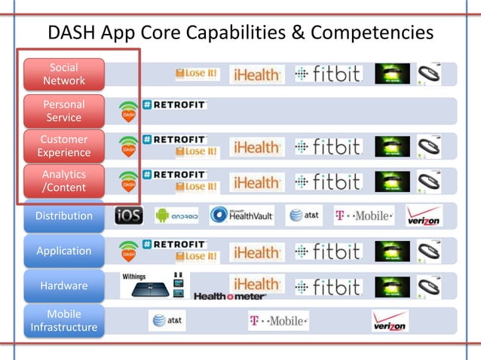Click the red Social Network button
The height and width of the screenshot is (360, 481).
64,74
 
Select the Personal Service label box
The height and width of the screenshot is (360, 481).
64,111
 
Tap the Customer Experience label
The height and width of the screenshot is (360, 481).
64,146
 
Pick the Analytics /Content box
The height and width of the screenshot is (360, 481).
64,182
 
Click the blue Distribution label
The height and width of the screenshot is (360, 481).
64,216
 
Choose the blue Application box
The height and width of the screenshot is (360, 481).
64,251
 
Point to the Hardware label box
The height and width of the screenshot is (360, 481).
64,286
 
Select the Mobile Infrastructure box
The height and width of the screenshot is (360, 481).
64,321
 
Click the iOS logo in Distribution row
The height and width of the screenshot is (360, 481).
129,216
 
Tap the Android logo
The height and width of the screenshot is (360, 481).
176,216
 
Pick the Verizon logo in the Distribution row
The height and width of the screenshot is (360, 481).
423,217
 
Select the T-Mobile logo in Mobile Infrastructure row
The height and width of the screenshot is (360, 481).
278,321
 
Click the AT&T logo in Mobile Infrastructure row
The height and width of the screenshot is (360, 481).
167,321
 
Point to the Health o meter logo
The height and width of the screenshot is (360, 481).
229,296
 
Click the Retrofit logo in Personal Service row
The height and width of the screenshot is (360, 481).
174,105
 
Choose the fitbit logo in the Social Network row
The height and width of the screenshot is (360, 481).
328,74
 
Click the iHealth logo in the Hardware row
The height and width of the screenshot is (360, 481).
257,284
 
